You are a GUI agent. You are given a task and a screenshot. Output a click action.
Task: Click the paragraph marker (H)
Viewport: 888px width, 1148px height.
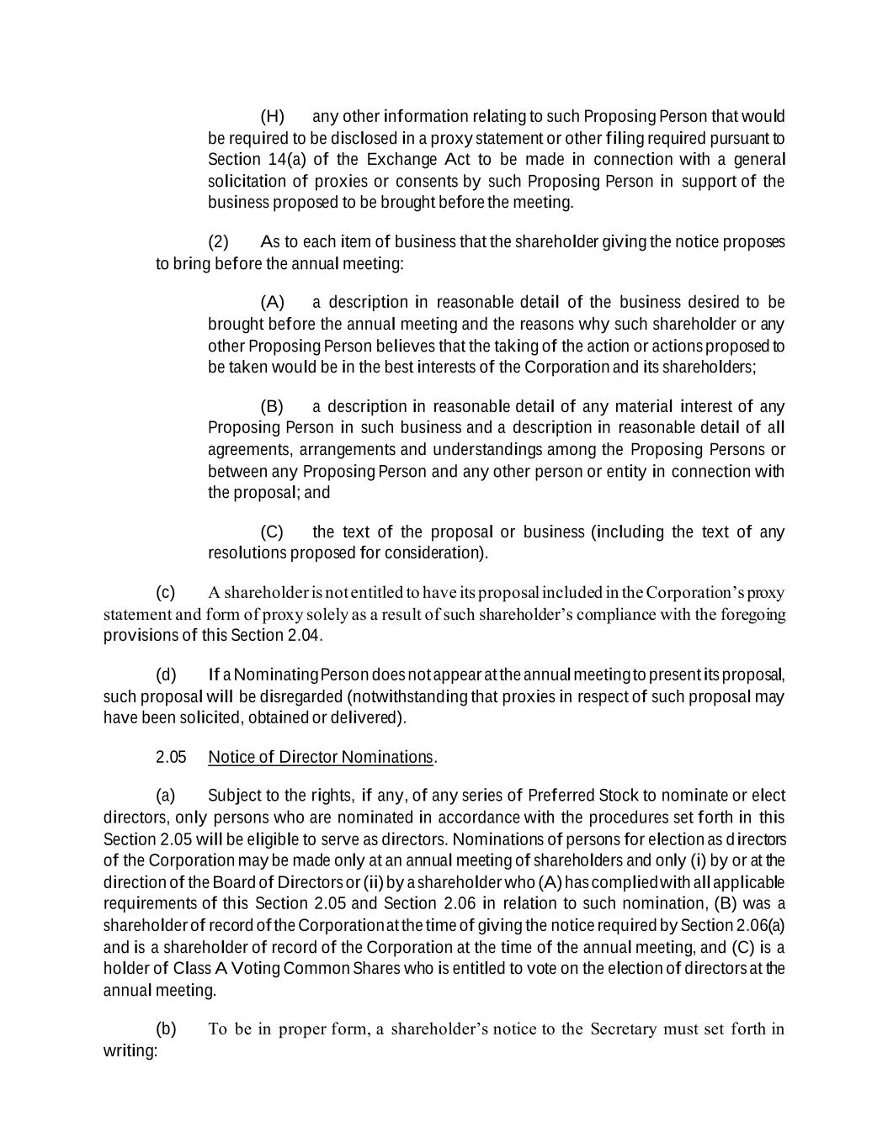272,116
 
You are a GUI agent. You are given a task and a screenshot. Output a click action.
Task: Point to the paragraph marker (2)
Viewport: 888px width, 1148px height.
218,242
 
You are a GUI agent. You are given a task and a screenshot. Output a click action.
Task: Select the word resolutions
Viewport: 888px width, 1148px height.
247,553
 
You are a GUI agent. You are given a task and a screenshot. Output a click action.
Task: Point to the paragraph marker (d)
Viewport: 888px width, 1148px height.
166,675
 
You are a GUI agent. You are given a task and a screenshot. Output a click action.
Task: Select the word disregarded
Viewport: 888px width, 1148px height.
301,697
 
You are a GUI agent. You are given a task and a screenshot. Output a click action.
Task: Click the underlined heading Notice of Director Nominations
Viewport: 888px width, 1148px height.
320,757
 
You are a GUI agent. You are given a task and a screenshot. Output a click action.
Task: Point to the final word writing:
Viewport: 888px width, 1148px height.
130,1051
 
